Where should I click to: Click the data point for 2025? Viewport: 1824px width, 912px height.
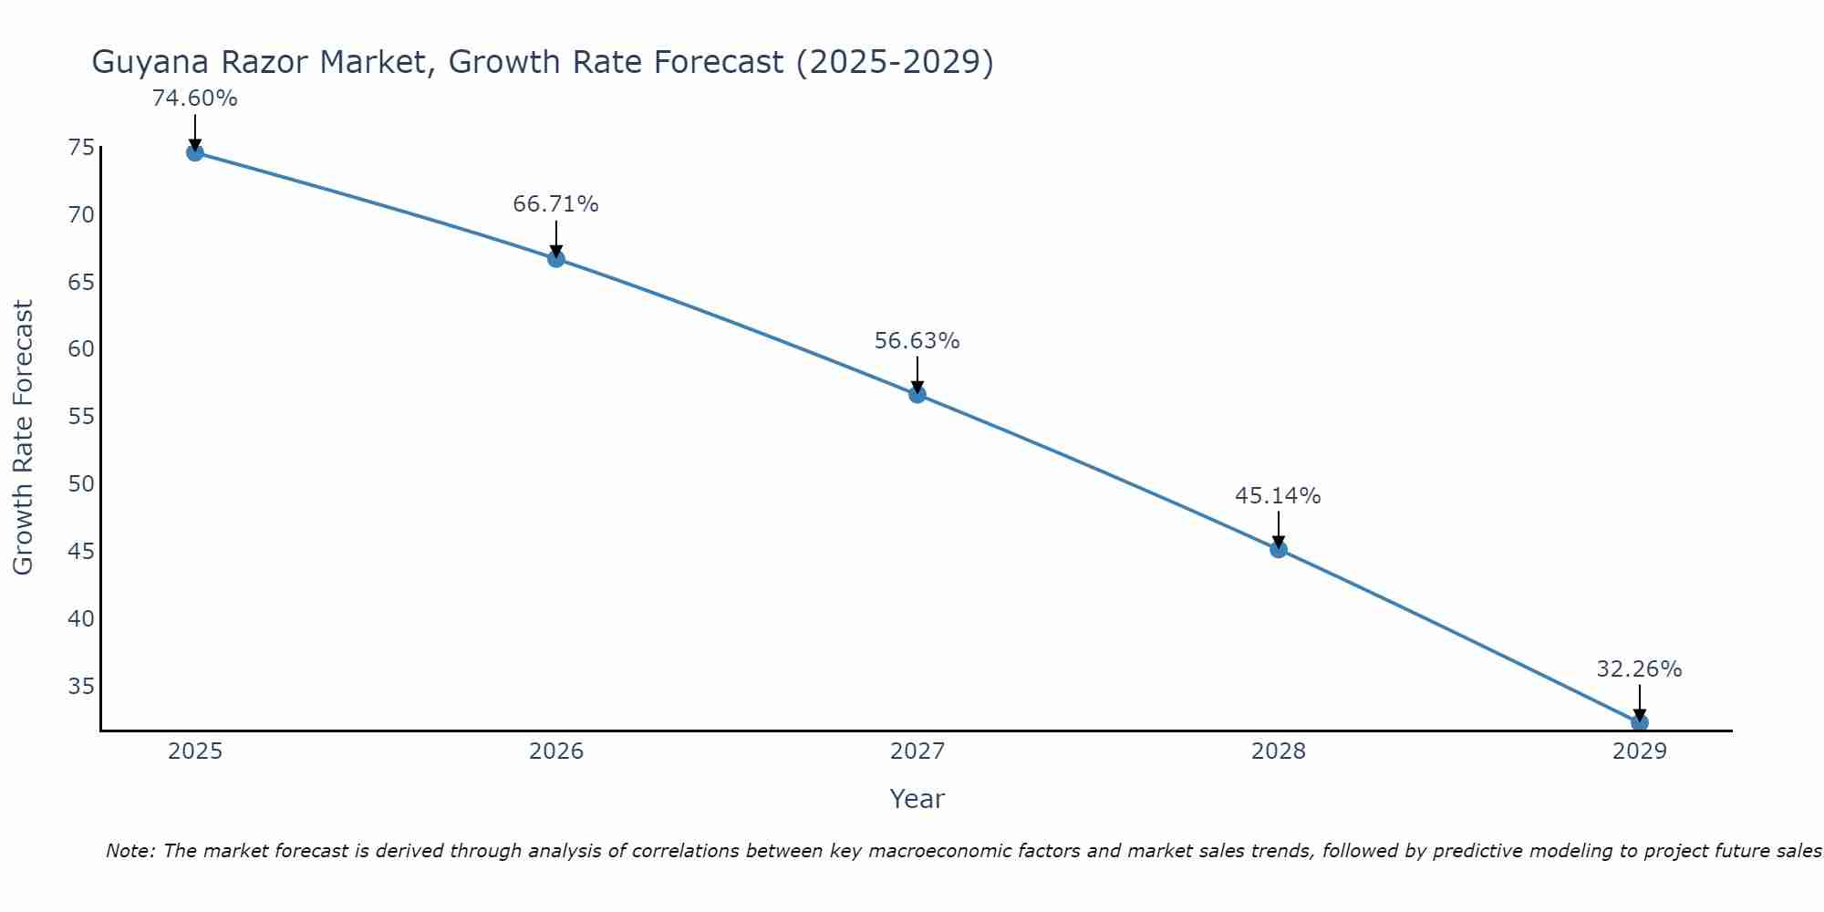pyautogui.click(x=195, y=152)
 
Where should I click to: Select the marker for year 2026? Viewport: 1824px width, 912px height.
pyautogui.click(x=556, y=259)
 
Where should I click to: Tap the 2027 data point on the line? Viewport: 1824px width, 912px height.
pyautogui.click(x=917, y=395)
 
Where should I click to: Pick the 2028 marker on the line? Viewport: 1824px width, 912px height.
pyautogui.click(x=1279, y=549)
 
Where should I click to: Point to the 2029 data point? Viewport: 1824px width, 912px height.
pyautogui.click(x=1639, y=722)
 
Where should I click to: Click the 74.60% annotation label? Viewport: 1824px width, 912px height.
pyautogui.click(x=195, y=98)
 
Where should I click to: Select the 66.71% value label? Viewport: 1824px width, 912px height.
pyautogui.click(x=556, y=204)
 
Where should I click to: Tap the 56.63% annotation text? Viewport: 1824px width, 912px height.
pyautogui.click(x=917, y=341)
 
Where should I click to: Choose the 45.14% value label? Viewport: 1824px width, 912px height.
pyautogui.click(x=1279, y=496)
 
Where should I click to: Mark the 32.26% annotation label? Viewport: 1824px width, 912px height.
pyautogui.click(x=1639, y=669)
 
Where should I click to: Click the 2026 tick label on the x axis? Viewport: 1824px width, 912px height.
pyautogui.click(x=556, y=751)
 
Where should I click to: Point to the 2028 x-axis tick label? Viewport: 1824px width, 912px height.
pyautogui.click(x=1279, y=751)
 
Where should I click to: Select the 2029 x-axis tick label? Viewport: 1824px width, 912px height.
pyautogui.click(x=1639, y=751)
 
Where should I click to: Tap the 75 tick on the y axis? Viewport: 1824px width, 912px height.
pyautogui.click(x=81, y=148)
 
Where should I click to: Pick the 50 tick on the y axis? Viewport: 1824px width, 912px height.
pyautogui.click(x=81, y=483)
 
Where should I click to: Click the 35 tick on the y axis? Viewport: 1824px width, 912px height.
pyautogui.click(x=81, y=686)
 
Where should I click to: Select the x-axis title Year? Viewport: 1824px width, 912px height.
pyautogui.click(x=917, y=799)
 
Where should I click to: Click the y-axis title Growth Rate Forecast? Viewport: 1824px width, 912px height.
pyautogui.click(x=24, y=437)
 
